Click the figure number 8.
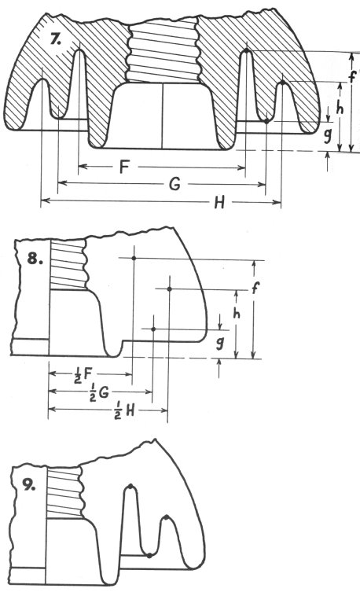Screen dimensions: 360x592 tap(35, 259)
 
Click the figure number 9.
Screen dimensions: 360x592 tap(29, 486)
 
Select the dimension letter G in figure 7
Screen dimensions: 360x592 tap(174, 185)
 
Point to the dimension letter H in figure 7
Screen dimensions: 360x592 tap(219, 203)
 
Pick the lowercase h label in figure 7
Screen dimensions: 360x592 tap(340, 108)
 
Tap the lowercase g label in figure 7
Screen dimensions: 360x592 tap(328, 134)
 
